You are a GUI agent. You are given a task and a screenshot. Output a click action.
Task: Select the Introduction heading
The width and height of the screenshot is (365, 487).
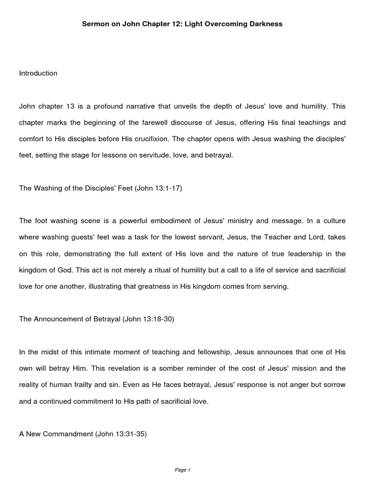pos(38,73)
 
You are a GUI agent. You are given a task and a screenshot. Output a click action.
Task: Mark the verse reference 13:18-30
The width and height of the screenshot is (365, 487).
pos(155,319)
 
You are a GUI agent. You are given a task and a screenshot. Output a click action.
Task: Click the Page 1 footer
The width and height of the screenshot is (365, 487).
pos(182,470)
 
